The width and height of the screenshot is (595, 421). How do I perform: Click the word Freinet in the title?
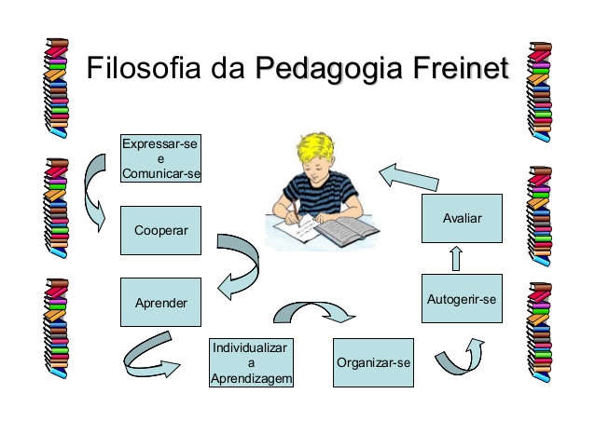pos(461,68)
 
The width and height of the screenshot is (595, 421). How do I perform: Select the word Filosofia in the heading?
pos(144,67)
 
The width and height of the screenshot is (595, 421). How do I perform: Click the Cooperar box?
pos(161,230)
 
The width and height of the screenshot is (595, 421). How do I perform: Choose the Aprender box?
pos(161,303)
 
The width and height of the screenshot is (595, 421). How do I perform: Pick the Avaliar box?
pos(463,218)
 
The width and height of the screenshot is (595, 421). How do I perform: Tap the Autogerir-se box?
pos(463,299)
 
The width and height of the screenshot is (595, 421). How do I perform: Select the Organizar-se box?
pos(373,362)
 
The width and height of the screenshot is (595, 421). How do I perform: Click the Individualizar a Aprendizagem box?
pos(251,362)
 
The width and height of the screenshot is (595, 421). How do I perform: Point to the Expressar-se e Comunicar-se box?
pos(161,158)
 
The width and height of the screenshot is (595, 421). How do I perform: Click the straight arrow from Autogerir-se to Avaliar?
pos(456,258)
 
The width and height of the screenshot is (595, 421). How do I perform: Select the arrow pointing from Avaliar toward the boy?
pos(409,177)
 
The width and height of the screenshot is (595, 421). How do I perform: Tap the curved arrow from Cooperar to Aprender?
pos(239,266)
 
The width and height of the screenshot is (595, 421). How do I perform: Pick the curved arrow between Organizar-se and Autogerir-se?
pos(460,356)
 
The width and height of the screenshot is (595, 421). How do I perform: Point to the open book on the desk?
pos(346,231)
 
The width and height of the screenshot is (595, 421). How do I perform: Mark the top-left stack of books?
pos(57,88)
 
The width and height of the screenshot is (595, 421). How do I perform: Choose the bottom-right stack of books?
pos(540,332)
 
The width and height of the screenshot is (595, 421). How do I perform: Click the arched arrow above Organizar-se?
pos(314,312)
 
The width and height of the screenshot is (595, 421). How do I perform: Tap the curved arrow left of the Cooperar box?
pos(94,193)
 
